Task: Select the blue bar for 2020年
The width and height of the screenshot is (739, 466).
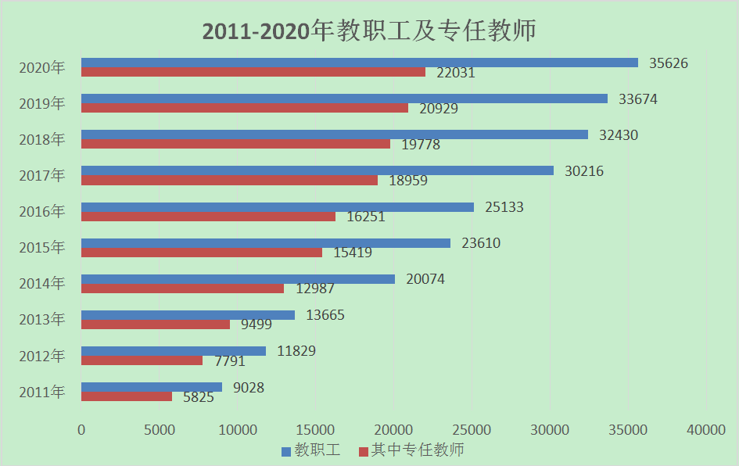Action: [x=360, y=63]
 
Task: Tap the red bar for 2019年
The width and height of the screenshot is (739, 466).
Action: [x=245, y=108]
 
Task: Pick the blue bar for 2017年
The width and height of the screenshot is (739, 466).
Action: [x=317, y=170]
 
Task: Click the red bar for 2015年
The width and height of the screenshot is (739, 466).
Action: [x=202, y=253]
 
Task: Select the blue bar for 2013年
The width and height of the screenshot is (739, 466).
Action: [x=188, y=315]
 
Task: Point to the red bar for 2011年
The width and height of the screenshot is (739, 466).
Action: [x=127, y=396]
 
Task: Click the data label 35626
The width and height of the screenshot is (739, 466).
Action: [x=669, y=63]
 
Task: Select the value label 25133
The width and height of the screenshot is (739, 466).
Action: [x=504, y=207]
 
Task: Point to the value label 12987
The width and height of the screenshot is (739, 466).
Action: [x=315, y=289]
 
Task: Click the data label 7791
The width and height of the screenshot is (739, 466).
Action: [x=226, y=361]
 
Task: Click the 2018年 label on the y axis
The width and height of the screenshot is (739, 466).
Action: [x=42, y=139]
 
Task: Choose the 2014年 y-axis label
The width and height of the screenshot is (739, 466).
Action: [x=42, y=284]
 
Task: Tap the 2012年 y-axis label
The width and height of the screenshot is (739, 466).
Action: [x=42, y=356]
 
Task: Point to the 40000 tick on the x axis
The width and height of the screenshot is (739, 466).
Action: [x=706, y=429]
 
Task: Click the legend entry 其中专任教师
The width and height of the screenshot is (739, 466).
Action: [x=411, y=450]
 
